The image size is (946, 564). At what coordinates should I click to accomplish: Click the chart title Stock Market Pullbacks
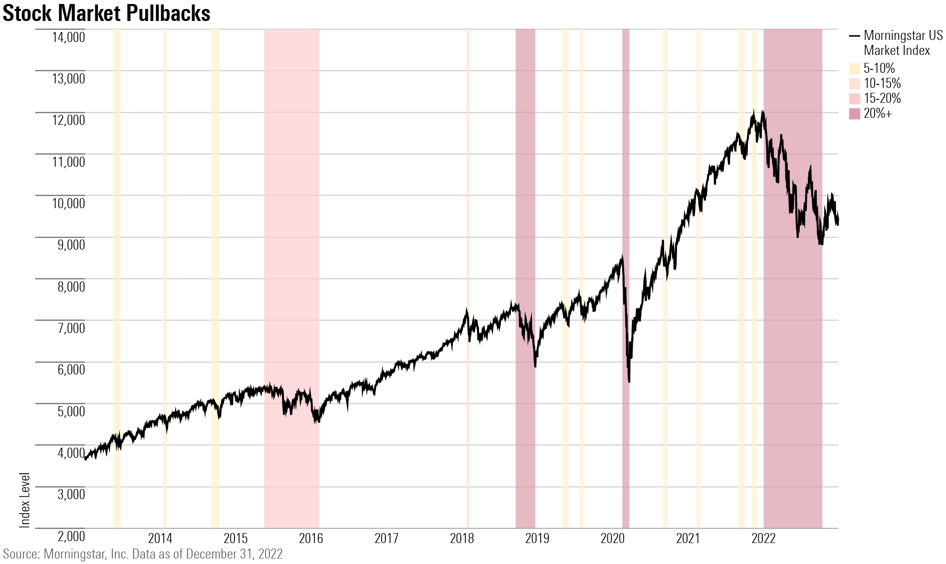pos(106,13)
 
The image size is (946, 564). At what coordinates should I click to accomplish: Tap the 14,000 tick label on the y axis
pos(68,36)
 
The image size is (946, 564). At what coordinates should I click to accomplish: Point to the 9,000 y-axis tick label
pos(68,245)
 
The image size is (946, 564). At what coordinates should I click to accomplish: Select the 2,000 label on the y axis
pos(71,536)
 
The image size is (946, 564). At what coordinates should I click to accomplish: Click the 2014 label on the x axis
pos(160,539)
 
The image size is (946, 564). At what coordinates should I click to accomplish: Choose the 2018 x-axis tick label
pos(462,539)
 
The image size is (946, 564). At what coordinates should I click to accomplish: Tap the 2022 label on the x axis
pos(763,539)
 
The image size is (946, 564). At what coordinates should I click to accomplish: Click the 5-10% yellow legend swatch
pos(855,69)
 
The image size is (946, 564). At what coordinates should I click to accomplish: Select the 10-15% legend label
pos(882,83)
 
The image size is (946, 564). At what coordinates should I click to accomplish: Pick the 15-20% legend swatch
pos(855,99)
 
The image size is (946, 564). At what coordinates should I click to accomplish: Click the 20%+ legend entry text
pos(878,113)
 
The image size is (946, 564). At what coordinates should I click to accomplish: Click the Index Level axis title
pos(25,500)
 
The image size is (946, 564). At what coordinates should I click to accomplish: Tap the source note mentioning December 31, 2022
pos(143,554)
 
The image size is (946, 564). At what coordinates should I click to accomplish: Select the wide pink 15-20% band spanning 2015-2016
pos(291,200)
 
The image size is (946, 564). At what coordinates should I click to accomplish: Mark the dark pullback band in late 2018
pos(525,200)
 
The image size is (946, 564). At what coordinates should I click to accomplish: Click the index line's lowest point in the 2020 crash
pos(629,381)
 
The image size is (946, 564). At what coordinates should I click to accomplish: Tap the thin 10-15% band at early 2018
pos(468,200)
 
